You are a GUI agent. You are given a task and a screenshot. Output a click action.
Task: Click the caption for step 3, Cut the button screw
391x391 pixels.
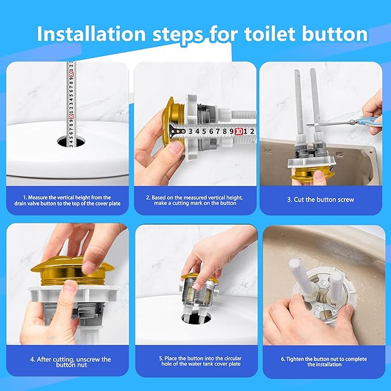[x=321, y=199]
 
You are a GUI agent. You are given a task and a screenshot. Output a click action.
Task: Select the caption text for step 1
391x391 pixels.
[x=67, y=200]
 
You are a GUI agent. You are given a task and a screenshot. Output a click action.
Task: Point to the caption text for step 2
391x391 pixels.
[x=195, y=200]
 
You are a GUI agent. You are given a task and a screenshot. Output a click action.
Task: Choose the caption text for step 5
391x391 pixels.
[x=195, y=362]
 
